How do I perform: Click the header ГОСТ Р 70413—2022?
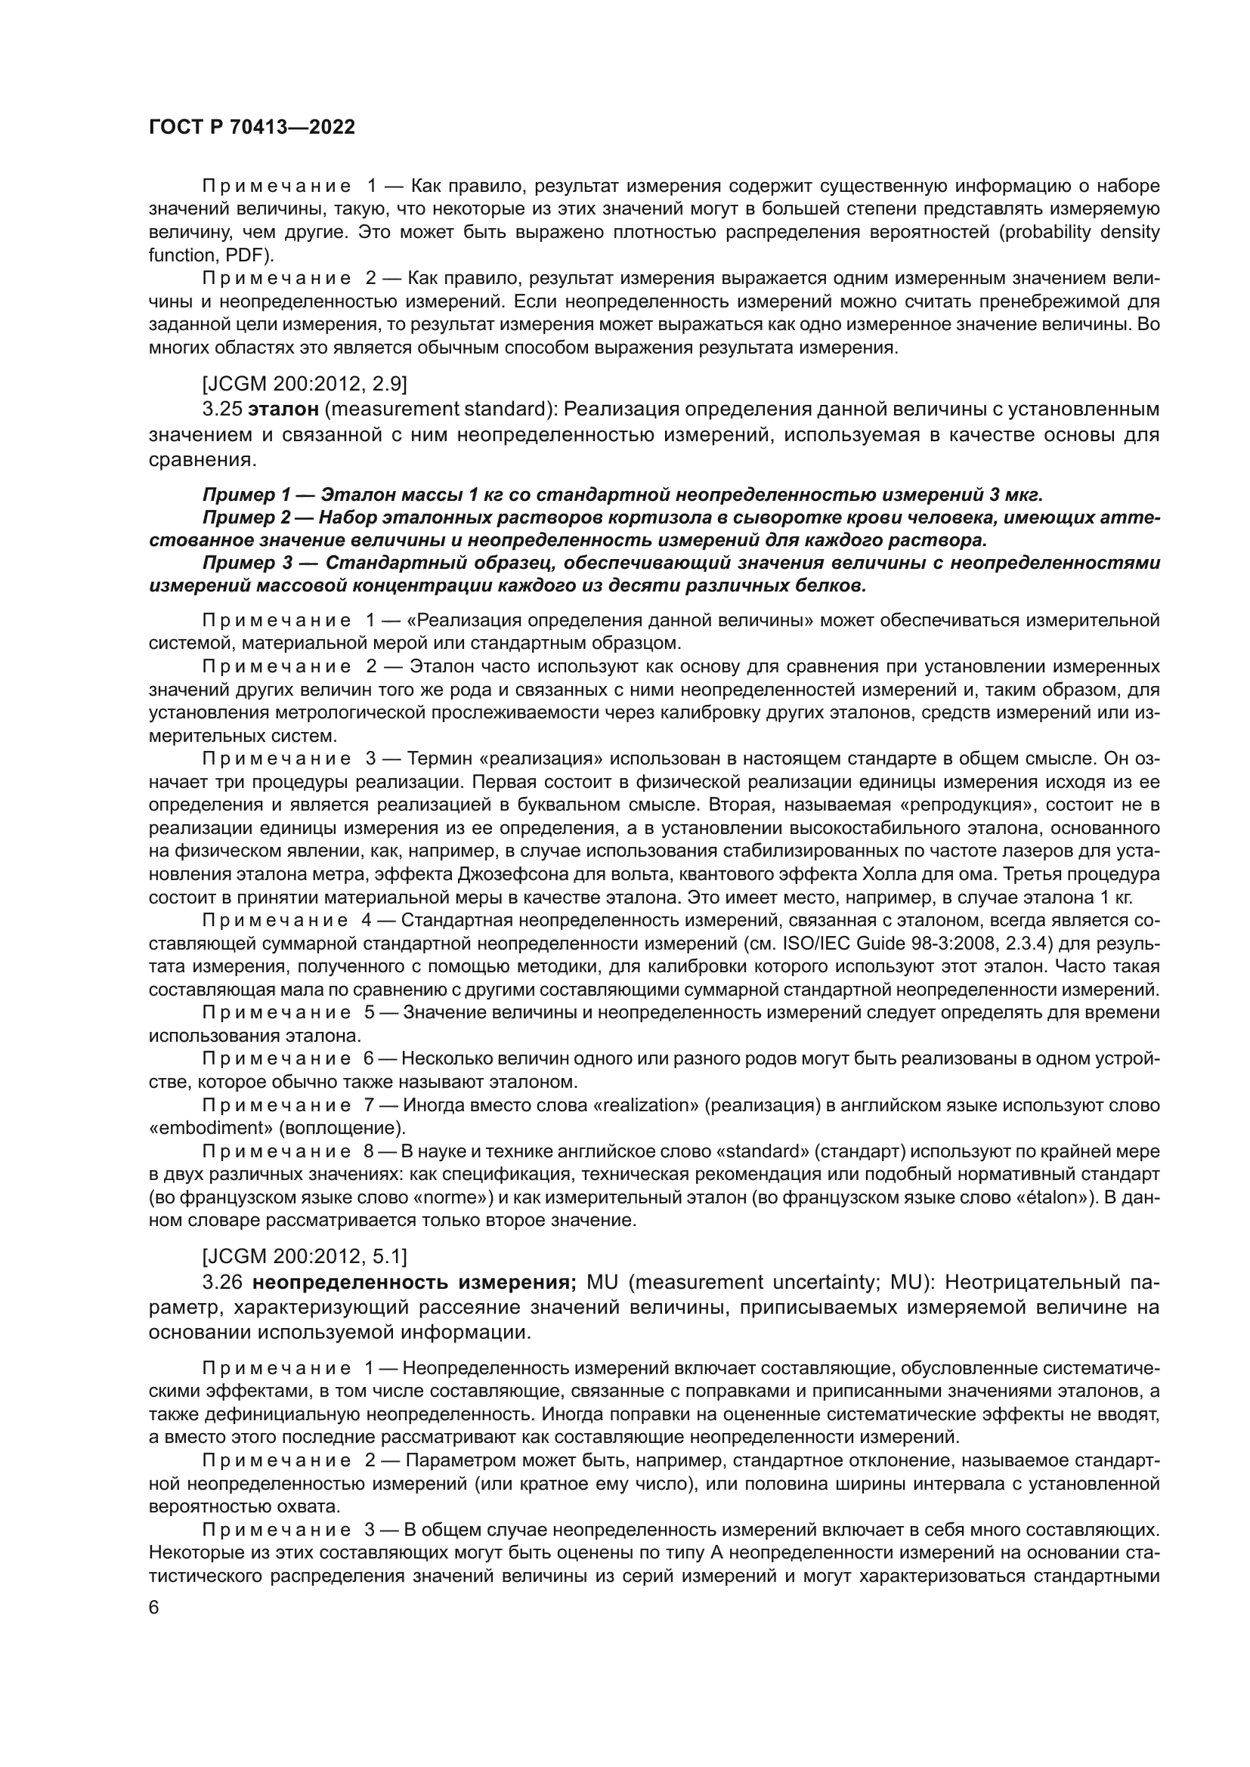click(252, 128)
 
